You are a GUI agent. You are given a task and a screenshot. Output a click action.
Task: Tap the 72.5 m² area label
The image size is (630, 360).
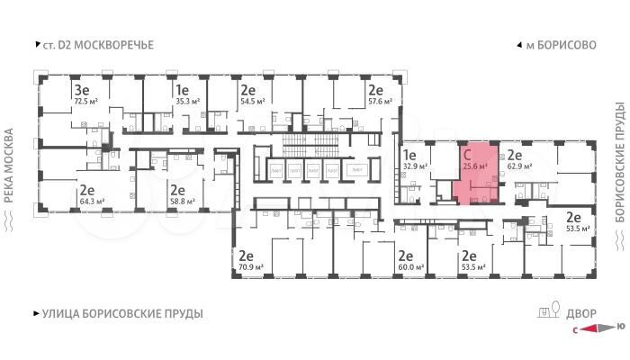85,103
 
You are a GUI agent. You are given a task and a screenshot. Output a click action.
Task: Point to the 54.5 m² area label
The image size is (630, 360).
249,103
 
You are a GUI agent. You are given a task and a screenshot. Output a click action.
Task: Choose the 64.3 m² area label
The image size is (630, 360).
87,202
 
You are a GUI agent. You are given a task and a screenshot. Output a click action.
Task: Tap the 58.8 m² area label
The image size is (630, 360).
178,202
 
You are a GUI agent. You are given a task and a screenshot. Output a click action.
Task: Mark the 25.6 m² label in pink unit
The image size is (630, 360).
474,166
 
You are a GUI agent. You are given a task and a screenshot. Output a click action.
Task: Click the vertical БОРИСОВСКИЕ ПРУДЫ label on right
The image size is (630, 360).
619,162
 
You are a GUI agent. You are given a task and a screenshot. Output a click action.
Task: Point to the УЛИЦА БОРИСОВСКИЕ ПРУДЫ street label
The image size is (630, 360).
122,314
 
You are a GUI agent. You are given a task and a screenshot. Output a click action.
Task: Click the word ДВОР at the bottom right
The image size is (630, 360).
580,312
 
